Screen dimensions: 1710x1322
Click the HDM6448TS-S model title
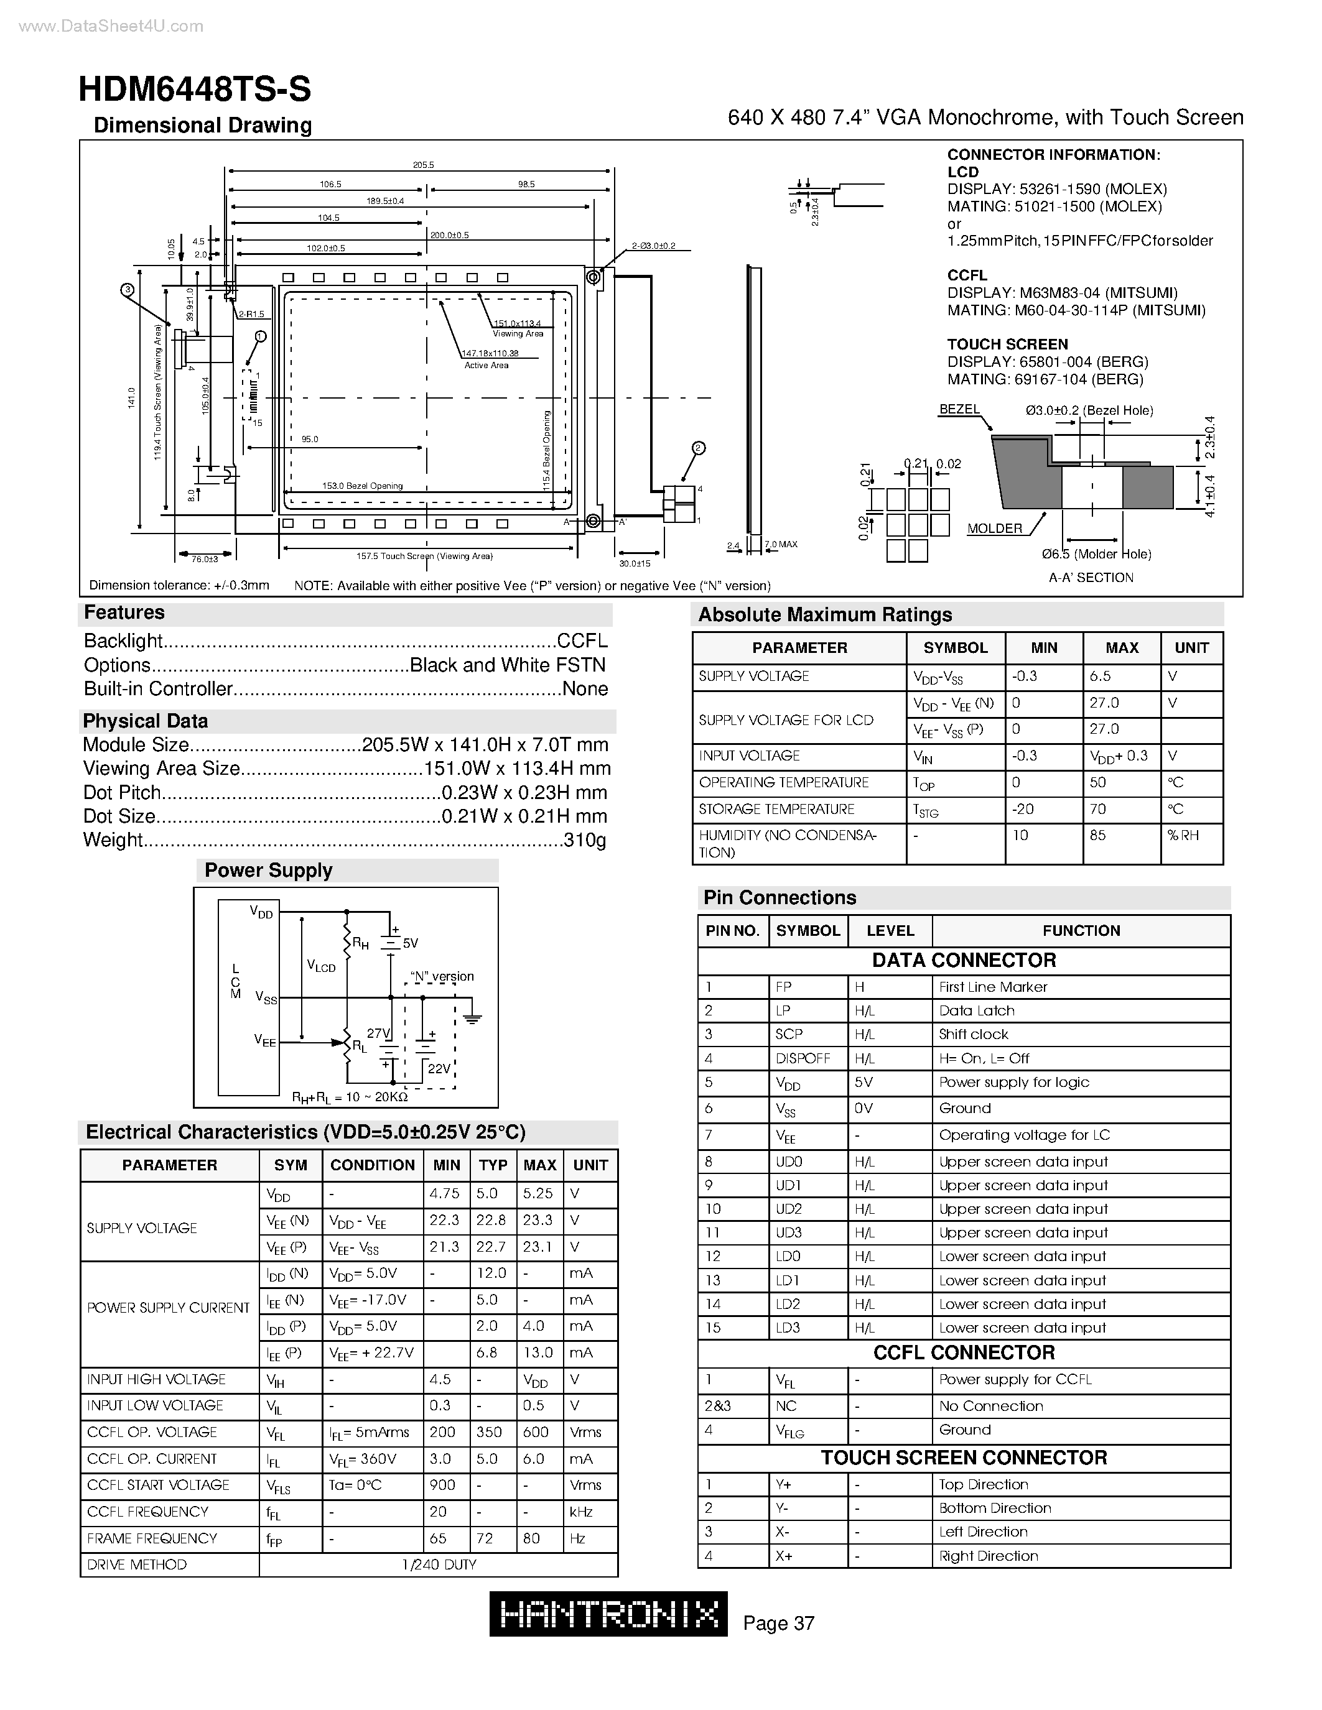pos(194,90)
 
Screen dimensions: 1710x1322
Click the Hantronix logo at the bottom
pos(608,1614)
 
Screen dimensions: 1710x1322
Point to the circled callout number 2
pos(699,448)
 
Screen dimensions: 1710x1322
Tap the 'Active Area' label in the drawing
pos(486,366)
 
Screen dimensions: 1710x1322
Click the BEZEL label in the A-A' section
pos(959,410)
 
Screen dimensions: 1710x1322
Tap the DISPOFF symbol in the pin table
pos(802,1058)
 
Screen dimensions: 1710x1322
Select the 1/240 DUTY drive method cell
pos(439,1565)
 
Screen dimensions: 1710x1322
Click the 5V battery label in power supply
pos(411,943)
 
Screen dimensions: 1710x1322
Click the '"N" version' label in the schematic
pos(442,976)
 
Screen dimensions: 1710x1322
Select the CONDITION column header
pos(372,1165)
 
